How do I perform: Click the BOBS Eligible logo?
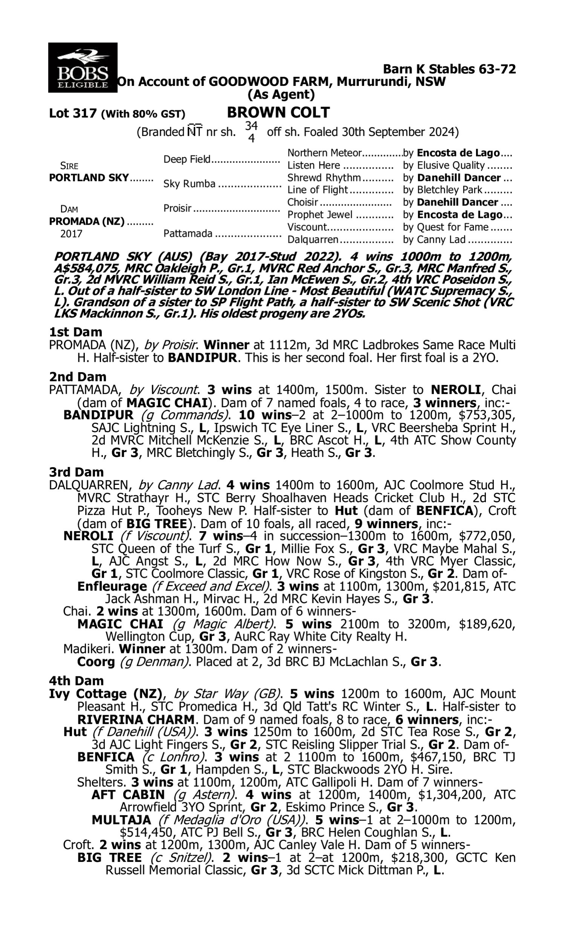pyautogui.click(x=82, y=67)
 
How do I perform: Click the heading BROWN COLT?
pyautogui.click(x=278, y=113)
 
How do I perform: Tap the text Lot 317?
pyautogui.click(x=73, y=113)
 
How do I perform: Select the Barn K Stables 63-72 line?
pyautogui.click(x=449, y=69)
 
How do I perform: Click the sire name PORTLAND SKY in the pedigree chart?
pyautogui.click(x=89, y=178)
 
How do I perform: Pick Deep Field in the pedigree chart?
pyautogui.click(x=186, y=159)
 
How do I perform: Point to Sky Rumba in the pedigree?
pyautogui.click(x=189, y=184)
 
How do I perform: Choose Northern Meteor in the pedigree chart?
pyautogui.click(x=324, y=153)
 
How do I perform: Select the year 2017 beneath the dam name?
pyautogui.click(x=71, y=233)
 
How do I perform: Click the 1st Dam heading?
pyautogui.click(x=75, y=332)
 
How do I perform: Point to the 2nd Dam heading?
pyautogui.click(x=77, y=376)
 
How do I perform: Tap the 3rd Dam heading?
pyautogui.click(x=76, y=472)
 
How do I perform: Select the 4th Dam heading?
pyautogui.click(x=76, y=681)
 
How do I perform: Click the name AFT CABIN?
pyautogui.click(x=128, y=795)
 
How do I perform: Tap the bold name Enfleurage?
pyautogui.click(x=112, y=586)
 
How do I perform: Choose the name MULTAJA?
pyautogui.click(x=121, y=820)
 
